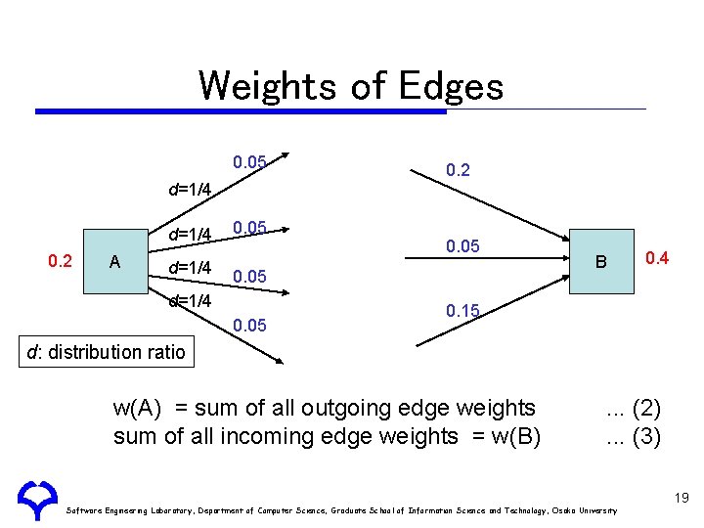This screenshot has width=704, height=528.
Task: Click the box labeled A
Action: point(114,261)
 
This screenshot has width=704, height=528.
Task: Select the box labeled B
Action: point(601,261)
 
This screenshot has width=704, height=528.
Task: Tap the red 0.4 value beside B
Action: point(657,258)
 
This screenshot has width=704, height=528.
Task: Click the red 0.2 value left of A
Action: point(61,260)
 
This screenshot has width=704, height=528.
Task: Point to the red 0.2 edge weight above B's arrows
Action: point(458,170)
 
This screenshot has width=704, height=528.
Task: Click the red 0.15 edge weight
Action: point(462,311)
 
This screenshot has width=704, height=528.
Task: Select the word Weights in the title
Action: point(266,86)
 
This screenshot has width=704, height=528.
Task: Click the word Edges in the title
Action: point(451,86)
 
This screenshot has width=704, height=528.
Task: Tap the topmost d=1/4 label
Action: point(190,189)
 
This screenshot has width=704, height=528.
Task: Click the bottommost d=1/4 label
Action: point(190,301)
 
